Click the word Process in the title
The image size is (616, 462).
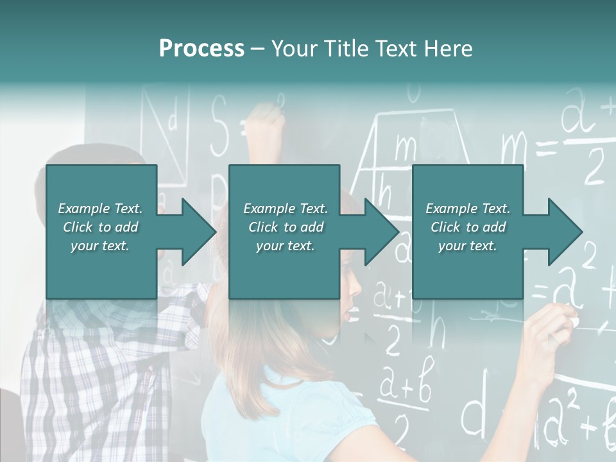tap(201, 49)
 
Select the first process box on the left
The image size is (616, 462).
tap(101, 193)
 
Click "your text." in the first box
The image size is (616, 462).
tap(100, 246)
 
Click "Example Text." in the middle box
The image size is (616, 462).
tap(285, 209)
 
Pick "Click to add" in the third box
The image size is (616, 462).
tap(468, 227)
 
